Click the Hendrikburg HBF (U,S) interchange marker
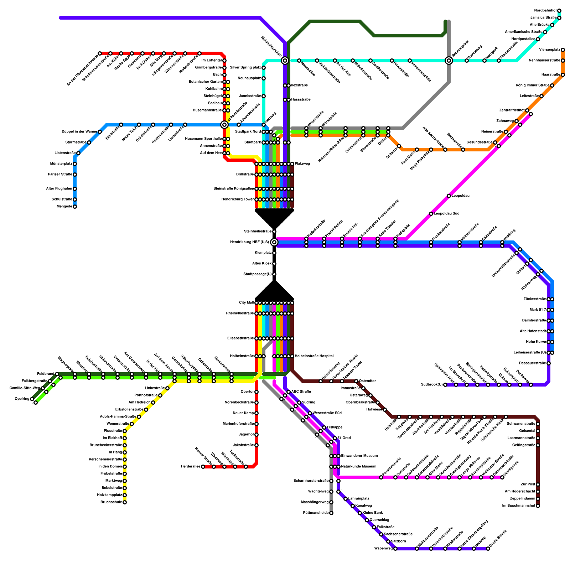pos(274,242)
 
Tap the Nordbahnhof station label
pos(545,11)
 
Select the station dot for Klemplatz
pos(274,253)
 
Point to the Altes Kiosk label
pos(262,264)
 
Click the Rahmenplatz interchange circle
pos(449,61)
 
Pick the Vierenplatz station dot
pos(563,50)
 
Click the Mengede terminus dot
pos(75,207)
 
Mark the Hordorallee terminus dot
pos(203,467)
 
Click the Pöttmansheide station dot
pos(331,513)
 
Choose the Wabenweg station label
pos(383,549)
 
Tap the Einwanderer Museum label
pos(359,456)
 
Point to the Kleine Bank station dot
pos(360,513)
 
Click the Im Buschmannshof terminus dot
pos(538,506)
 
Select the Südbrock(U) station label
pos(431,385)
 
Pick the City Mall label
pos(246,303)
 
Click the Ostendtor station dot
pos(356,381)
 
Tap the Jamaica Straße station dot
pos(559,18)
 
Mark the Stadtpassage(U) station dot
pos(274,274)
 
